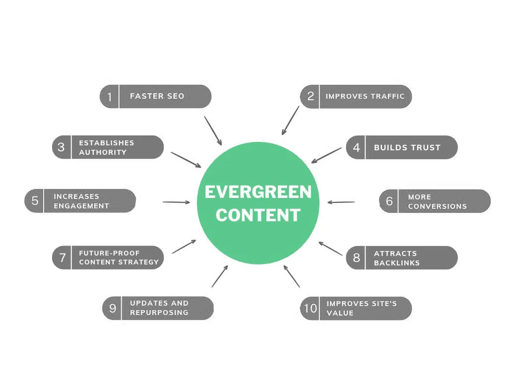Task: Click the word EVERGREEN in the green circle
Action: pos(258,192)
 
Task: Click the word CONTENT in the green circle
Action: pos(258,215)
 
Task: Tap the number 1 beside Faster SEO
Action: pos(110,97)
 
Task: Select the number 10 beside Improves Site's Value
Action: pos(311,308)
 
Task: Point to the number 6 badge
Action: pos(389,201)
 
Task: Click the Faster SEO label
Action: pos(157,96)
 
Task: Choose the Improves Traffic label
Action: pos(365,96)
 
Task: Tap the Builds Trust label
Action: pos(407,147)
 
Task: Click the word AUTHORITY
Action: pos(103,152)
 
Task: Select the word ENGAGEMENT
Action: pos(81,206)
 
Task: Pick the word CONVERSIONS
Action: pos(438,206)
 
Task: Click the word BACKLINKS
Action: pos(397,263)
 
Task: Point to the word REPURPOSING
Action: pos(159,313)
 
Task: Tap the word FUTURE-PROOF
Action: pos(109,253)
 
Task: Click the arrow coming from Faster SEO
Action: pos(213,131)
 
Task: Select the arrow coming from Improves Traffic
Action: pos(290,121)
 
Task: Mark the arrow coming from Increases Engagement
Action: pos(176,202)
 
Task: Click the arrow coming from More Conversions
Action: pos(341,202)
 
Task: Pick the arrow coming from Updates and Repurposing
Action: pos(220,276)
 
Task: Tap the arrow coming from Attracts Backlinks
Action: pos(330,249)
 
